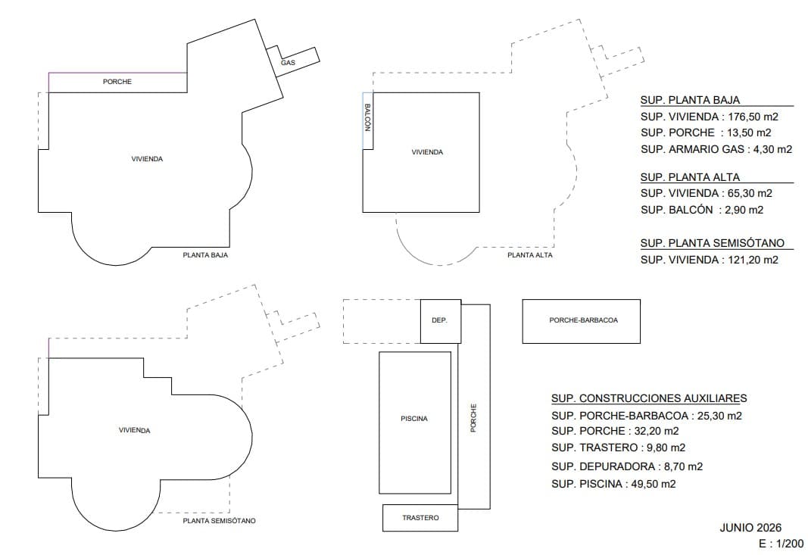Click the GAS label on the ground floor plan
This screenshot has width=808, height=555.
[288, 63]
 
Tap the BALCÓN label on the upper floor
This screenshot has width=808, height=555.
[367, 117]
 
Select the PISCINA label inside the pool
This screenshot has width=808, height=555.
[414, 419]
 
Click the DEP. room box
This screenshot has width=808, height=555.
[441, 321]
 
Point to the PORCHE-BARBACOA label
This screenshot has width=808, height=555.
[583, 320]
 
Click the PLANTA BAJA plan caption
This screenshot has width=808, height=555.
[205, 255]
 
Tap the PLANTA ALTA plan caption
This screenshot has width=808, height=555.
[530, 255]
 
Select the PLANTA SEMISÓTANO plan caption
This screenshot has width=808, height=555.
[219, 521]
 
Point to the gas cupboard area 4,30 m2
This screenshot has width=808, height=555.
[770, 149]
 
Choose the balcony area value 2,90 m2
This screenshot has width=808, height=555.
[742, 210]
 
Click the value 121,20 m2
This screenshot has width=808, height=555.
[753, 260]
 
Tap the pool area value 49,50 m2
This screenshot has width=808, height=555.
[654, 484]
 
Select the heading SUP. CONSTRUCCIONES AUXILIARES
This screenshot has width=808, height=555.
[649, 398]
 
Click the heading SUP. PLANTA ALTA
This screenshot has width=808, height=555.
[690, 177]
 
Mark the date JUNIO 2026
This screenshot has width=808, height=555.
[750, 528]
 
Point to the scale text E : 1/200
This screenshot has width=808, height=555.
[781, 544]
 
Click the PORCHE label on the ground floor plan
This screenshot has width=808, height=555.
[117, 82]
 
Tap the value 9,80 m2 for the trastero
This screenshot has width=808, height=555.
[663, 447]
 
